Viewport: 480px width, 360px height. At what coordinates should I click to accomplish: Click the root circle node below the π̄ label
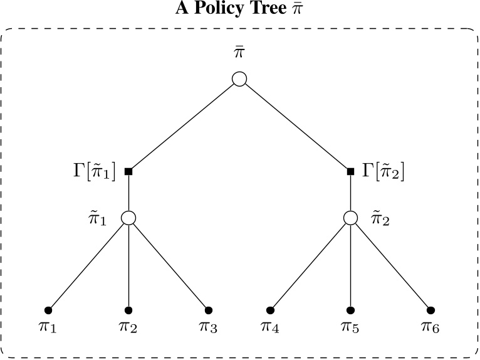point(239,79)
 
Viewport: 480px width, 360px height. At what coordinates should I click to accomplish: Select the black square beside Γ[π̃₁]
point(128,171)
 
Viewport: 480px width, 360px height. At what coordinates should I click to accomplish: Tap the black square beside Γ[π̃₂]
point(351,171)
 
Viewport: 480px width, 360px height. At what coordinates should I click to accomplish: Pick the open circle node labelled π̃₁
point(128,218)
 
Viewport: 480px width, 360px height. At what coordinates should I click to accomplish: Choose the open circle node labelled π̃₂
point(351,218)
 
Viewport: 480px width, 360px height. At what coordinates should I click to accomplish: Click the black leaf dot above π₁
point(48,310)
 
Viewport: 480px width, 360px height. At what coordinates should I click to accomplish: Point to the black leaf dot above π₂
point(128,310)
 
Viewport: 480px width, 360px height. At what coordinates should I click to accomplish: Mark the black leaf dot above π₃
point(209,310)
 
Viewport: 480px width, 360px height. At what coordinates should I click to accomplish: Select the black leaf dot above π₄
point(271,310)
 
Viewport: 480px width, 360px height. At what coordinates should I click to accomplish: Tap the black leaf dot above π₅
point(351,310)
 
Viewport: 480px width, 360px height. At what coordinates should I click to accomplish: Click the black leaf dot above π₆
point(431,310)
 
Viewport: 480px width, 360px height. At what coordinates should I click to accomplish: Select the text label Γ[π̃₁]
point(94,171)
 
